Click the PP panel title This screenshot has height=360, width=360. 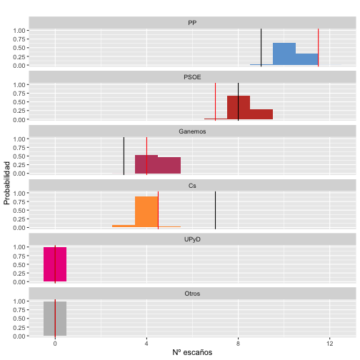click(192, 23)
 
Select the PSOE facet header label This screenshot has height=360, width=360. click(192, 77)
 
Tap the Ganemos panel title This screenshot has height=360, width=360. click(192, 131)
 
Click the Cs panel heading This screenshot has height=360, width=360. click(192, 186)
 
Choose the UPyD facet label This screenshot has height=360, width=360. click(192, 240)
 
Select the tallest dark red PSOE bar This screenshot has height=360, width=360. click(238, 108)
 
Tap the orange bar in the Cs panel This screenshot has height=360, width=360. click(146, 212)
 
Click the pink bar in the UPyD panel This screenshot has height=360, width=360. click(55, 264)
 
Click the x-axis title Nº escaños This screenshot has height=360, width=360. click(192, 352)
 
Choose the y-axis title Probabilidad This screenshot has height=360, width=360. click(7, 183)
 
